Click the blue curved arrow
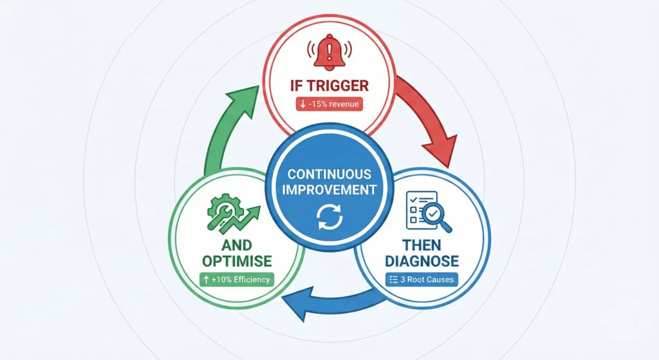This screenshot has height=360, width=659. (328, 303)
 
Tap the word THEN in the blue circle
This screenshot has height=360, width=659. (422, 245)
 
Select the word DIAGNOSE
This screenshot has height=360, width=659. (422, 261)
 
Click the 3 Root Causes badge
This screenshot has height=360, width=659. (422, 279)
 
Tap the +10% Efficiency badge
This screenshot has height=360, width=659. (237, 279)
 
